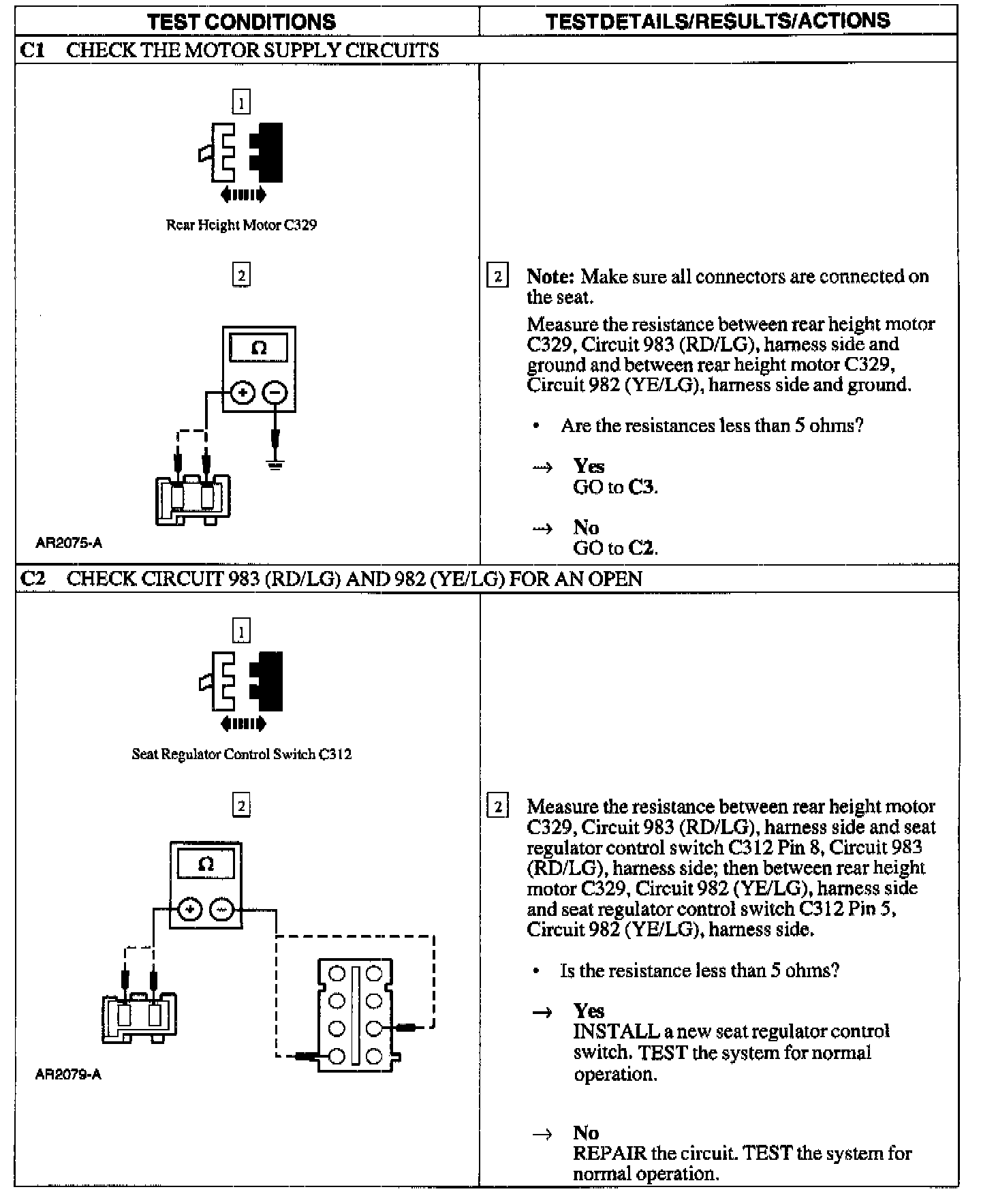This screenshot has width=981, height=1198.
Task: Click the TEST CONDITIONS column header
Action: click(x=241, y=21)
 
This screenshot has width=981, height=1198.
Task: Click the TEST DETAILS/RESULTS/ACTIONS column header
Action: click(x=717, y=20)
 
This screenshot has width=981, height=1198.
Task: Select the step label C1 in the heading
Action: click(x=33, y=50)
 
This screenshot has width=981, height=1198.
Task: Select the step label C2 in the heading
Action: click(x=33, y=579)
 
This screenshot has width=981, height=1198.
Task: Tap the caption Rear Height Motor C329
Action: click(x=241, y=225)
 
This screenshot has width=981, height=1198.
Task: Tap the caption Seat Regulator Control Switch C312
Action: click(x=241, y=754)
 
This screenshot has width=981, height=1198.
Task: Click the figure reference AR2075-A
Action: click(x=69, y=543)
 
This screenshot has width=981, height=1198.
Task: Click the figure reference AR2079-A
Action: click(x=68, y=1075)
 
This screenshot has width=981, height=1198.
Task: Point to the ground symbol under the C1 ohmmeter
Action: click(x=275, y=465)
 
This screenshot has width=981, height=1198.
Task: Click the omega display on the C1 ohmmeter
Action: click(x=259, y=348)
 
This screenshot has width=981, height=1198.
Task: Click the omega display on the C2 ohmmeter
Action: click(x=206, y=865)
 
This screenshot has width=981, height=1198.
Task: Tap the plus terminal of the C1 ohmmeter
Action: click(x=243, y=393)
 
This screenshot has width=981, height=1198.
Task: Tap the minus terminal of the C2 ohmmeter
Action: click(x=222, y=910)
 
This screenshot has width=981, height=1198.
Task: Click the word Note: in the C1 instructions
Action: click(x=550, y=277)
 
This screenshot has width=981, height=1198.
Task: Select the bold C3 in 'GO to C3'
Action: click(x=642, y=487)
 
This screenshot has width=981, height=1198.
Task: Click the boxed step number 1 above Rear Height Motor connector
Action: click(x=241, y=102)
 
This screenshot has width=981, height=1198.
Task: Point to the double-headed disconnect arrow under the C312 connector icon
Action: click(x=243, y=724)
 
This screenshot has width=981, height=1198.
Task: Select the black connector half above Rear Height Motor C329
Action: click(x=268, y=152)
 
